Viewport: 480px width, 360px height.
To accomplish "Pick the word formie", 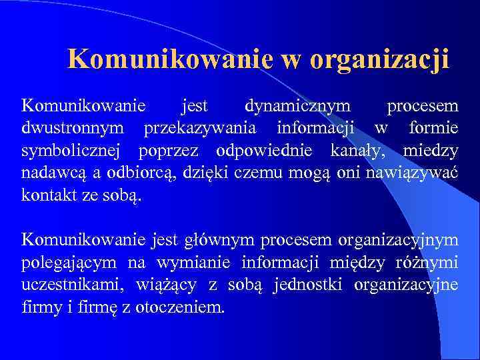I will (x=434, y=129).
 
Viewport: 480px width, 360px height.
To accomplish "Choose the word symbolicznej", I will (x=75, y=151).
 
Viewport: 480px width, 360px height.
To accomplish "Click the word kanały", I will (x=359, y=151).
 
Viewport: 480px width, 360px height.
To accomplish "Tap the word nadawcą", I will (x=53, y=174).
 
